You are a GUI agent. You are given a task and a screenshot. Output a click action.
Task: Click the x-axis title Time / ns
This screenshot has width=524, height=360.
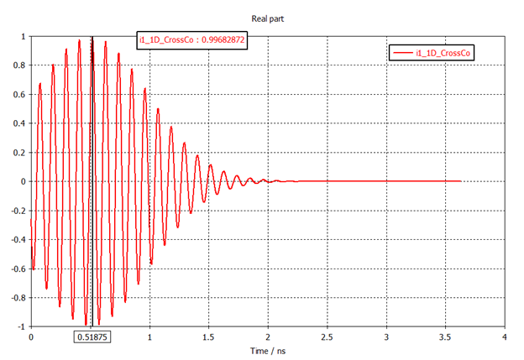(267, 348)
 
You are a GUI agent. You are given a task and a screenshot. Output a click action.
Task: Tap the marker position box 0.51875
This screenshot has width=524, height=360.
(92, 337)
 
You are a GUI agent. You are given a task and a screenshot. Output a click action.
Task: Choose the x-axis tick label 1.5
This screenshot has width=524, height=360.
(208, 337)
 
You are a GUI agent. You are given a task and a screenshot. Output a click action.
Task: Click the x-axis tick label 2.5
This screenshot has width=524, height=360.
(327, 337)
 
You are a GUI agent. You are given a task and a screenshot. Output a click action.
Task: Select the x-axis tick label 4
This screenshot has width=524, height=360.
(504, 337)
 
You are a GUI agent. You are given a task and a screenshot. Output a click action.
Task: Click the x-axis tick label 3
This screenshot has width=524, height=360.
(385, 337)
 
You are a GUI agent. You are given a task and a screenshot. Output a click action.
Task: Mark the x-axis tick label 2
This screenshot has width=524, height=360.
(268, 337)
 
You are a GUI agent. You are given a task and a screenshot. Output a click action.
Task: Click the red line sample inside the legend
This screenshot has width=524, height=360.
(405, 52)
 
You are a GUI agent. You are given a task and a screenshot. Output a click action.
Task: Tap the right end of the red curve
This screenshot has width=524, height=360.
(461, 181)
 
